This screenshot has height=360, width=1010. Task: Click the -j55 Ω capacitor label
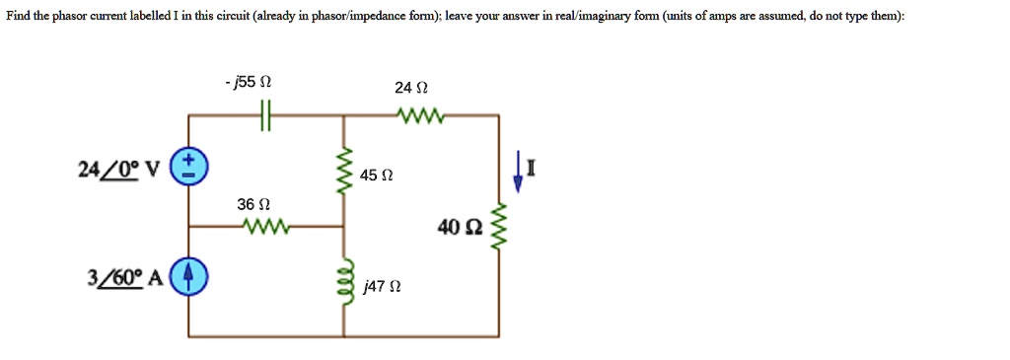pyautogui.click(x=243, y=83)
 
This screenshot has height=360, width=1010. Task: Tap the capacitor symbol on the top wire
pyautogui.click(x=264, y=116)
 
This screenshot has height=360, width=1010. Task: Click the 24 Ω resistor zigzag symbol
pyautogui.click(x=421, y=116)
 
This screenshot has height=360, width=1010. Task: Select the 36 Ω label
pyautogui.click(x=252, y=204)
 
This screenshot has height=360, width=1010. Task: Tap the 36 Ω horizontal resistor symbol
pyautogui.click(x=264, y=226)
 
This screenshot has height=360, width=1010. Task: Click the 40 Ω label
pyautogui.click(x=462, y=229)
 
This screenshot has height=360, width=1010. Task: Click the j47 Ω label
pyautogui.click(x=379, y=287)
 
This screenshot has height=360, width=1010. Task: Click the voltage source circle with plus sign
pyautogui.click(x=189, y=168)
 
